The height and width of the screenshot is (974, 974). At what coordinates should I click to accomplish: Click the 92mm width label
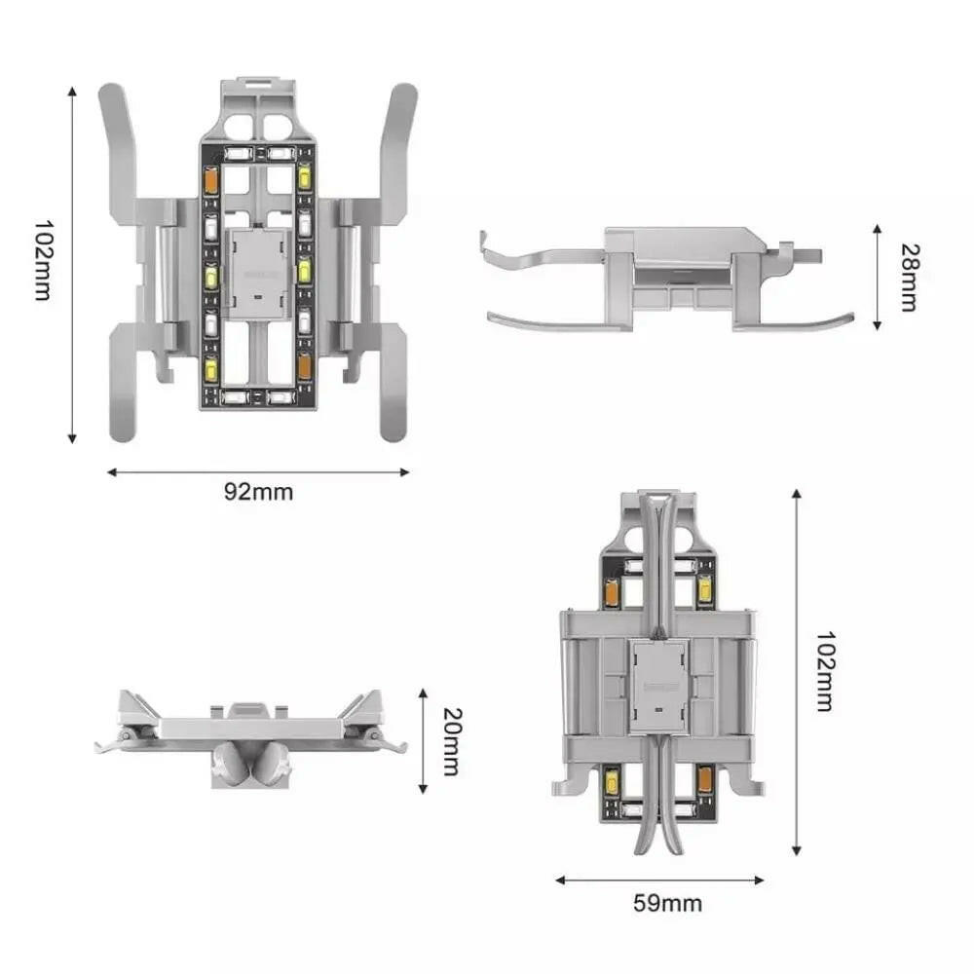click(258, 492)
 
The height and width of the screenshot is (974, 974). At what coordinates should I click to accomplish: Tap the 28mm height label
click(907, 278)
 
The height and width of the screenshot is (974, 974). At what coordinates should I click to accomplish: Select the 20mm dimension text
click(450, 740)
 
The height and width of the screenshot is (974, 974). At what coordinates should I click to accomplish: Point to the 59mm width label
click(667, 903)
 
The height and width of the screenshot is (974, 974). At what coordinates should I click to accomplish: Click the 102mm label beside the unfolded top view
click(42, 260)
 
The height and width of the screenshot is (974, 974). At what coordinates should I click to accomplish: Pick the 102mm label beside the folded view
click(824, 672)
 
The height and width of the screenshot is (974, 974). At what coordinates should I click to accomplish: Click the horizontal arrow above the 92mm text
click(258, 472)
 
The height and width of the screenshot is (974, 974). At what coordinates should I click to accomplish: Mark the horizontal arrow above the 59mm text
click(659, 880)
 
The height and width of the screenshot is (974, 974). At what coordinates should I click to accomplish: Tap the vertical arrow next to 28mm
click(877, 278)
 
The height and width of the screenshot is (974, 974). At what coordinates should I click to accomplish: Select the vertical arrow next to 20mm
click(423, 740)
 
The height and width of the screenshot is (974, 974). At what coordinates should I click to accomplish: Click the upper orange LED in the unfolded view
click(209, 179)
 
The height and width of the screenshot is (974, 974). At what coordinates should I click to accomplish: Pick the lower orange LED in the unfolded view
click(304, 366)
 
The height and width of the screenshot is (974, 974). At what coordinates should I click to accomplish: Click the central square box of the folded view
click(658, 686)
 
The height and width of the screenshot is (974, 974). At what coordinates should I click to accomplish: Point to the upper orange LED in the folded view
click(613, 590)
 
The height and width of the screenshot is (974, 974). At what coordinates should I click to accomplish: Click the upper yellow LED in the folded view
click(705, 590)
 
